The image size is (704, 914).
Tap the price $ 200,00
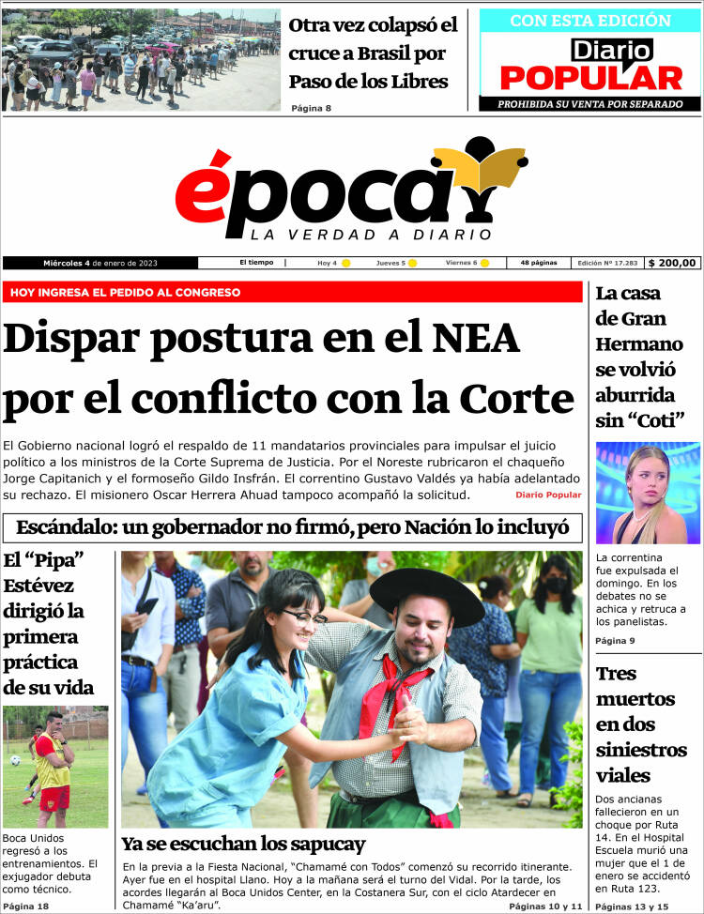[673, 263]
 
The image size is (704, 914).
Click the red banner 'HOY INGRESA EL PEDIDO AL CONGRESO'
[125, 292]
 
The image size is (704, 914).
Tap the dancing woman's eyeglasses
[305, 616]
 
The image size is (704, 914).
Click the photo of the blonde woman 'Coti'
[647, 493]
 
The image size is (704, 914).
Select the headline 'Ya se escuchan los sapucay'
[243, 843]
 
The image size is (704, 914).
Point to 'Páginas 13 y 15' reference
[632, 906]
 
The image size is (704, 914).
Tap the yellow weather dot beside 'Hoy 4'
[345, 263]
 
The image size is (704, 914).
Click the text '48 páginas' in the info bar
[539, 263]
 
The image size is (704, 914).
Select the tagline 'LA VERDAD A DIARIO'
[371, 234]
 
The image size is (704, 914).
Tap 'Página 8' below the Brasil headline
[311, 108]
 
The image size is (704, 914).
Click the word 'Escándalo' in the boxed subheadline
[70, 527]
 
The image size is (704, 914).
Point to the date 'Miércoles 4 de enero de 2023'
[99, 263]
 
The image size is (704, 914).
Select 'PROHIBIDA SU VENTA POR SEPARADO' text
[589, 103]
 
